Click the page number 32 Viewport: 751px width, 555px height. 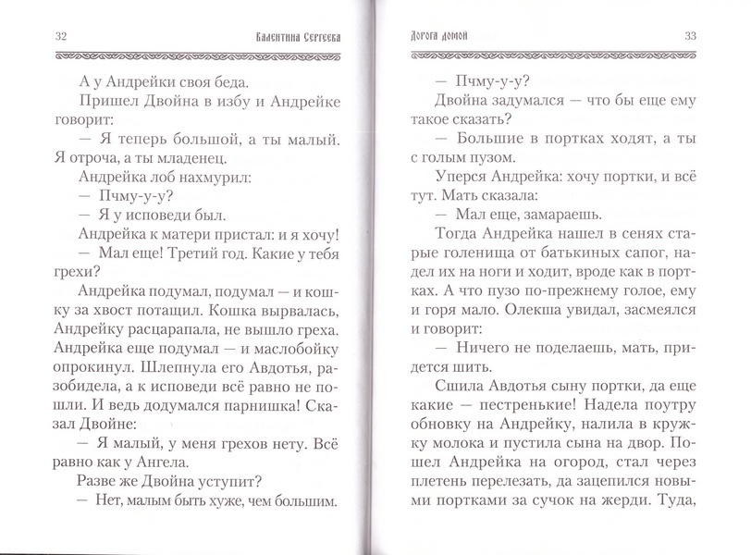[x=36, y=36]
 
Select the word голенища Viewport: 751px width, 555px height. [x=466, y=259]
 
